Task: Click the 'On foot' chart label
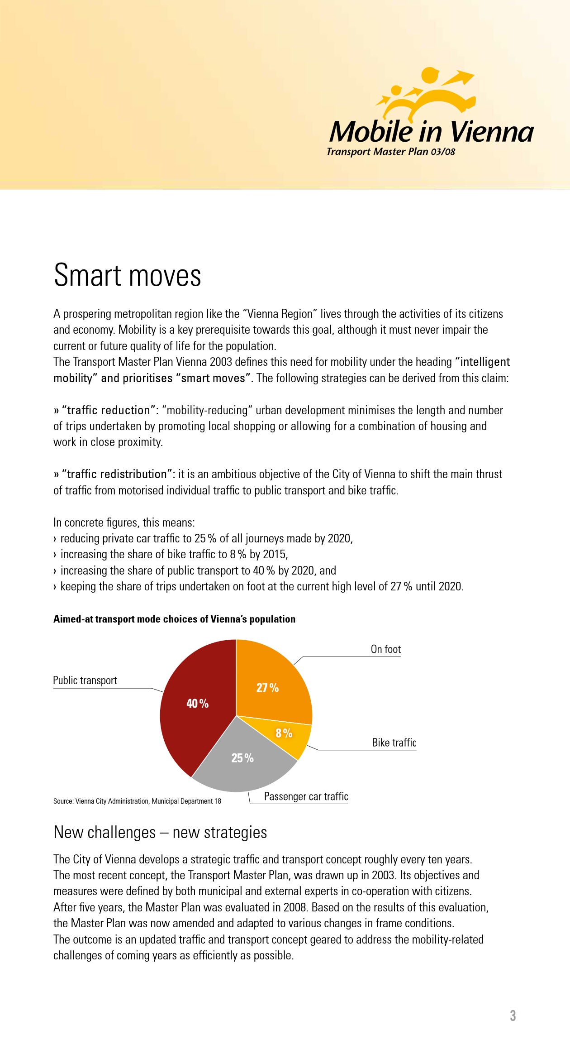[x=385, y=649]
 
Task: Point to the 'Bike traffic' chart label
[x=394, y=743]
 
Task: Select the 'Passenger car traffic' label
[x=306, y=796]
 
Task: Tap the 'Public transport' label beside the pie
[x=85, y=680]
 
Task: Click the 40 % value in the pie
[x=198, y=704]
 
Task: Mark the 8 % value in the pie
[x=284, y=733]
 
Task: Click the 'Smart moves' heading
[x=128, y=276]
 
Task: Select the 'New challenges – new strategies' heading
[x=160, y=832]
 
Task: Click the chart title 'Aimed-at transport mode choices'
[x=174, y=619]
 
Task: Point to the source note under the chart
[x=137, y=801]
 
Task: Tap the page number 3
[x=513, y=1016]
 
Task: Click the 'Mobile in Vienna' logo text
[x=431, y=132]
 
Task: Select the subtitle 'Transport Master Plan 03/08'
[x=391, y=152]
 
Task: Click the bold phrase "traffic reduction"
[x=109, y=410]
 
